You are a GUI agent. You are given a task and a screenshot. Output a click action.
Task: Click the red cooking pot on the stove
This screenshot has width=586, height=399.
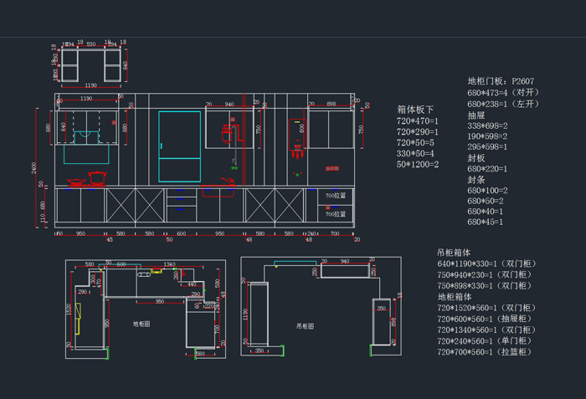(98, 176)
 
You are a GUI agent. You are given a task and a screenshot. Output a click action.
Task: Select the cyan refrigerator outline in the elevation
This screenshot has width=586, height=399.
(181, 146)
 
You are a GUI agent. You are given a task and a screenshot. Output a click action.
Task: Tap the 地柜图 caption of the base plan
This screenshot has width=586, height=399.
(142, 324)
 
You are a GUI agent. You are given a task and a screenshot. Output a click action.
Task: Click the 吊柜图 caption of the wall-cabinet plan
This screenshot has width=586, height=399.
(305, 326)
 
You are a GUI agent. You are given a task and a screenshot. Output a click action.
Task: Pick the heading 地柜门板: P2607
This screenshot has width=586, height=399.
(501, 82)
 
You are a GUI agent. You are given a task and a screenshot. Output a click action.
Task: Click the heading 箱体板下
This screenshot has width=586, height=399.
(415, 110)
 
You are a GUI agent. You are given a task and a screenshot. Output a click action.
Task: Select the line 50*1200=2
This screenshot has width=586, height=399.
(417, 164)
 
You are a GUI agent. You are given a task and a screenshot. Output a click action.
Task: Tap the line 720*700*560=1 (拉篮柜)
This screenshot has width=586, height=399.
(483, 352)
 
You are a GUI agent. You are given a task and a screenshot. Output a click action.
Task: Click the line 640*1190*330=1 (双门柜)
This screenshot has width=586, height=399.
(486, 264)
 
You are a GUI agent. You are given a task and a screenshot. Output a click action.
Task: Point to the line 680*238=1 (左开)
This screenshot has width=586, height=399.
(503, 104)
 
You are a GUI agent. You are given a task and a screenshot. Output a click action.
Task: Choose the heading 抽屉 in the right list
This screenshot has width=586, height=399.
(476, 115)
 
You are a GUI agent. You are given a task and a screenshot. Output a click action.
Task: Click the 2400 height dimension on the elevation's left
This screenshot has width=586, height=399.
(34, 167)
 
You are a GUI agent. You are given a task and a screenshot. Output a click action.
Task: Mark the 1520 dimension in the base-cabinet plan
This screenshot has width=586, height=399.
(69, 309)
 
